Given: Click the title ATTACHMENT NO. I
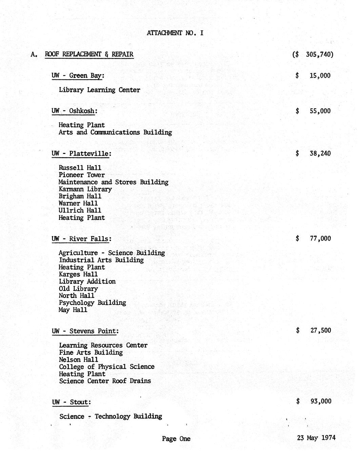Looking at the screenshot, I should (175, 33).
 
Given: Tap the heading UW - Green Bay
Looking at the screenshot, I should (78, 76).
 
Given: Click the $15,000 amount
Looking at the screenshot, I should (313, 76).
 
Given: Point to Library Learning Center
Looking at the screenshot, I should (99, 90).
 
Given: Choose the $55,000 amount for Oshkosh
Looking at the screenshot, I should (313, 111).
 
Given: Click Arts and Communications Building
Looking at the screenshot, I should (115, 132).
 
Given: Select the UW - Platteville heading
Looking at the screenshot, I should (81, 153).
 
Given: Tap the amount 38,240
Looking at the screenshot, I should (313, 153).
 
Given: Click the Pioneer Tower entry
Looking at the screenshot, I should (82, 175).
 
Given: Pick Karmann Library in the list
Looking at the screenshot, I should (85, 189).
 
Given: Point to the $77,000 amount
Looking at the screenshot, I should (314, 238).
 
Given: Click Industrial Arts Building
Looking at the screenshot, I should (101, 260).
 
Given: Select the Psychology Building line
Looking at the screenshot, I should (92, 303).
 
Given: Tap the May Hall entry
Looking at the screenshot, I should (73, 310).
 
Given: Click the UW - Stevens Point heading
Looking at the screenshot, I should (85, 331).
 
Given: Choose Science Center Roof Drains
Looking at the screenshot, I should (105, 381).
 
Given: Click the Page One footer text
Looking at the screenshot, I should (176, 439).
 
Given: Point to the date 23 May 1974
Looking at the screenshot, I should (316, 437).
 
